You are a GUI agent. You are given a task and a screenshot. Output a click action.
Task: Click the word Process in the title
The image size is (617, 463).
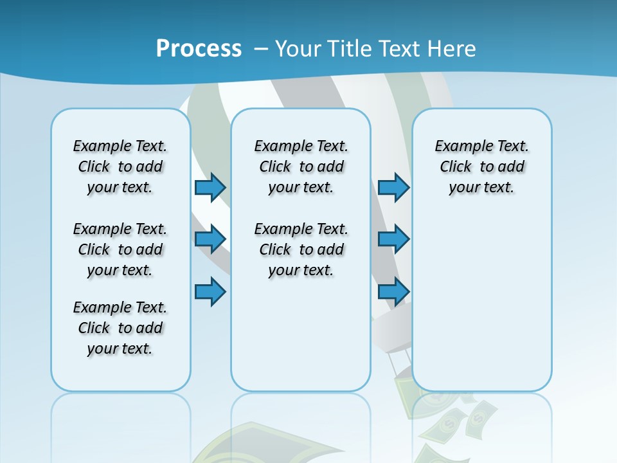[199, 48]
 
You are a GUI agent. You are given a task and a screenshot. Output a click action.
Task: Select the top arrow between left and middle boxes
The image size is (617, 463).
[210, 187]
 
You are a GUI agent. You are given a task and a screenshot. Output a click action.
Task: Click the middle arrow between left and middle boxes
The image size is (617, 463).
[210, 239]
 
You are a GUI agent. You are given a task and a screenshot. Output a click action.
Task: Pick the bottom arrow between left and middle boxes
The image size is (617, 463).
[210, 292]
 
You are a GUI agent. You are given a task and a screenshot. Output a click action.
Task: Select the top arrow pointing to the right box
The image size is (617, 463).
[393, 187]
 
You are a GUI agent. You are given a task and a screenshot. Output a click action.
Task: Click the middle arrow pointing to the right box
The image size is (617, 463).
[393, 239]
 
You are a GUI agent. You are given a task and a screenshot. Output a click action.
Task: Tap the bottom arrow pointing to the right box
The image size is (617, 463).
[393, 292]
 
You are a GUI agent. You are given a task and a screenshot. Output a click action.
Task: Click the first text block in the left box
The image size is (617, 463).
[120, 167]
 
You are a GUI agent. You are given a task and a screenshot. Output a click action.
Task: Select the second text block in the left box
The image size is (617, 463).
[120, 250]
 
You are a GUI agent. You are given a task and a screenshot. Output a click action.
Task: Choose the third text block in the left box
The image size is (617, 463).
[120, 328]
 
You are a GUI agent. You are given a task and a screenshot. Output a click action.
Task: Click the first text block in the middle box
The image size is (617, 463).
[301, 167]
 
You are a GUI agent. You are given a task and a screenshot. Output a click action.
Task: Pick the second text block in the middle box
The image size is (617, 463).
[301, 250]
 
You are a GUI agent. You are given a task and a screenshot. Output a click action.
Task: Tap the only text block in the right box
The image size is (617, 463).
[481, 167]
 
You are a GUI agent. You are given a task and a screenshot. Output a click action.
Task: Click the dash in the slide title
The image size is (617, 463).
[260, 49]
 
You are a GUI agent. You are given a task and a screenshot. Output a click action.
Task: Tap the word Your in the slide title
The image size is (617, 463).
[298, 48]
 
